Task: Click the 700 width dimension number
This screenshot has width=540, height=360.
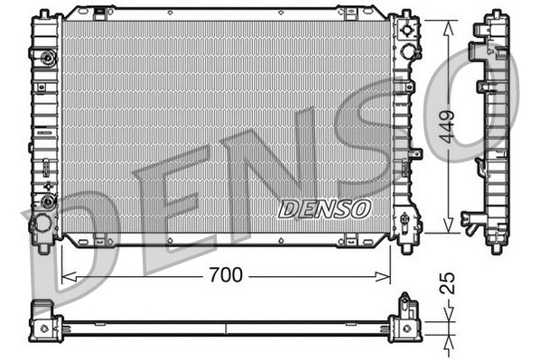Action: click(225, 275)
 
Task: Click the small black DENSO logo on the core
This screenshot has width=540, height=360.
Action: click(324, 208)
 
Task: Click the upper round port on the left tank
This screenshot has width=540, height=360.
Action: click(47, 59)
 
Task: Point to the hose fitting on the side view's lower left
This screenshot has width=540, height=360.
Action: click(470, 219)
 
